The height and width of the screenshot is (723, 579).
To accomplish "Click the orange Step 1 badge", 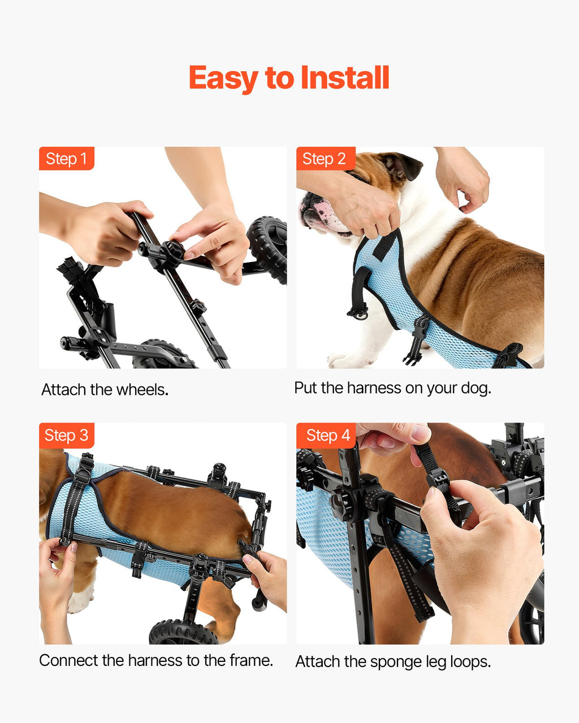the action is pos(67,158).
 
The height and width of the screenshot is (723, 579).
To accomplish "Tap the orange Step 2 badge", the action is pos(326,158).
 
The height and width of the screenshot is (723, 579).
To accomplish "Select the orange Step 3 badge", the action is pos(67,435).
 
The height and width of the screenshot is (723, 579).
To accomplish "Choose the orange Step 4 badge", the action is pos(326,435).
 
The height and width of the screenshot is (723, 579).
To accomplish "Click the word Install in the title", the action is pos(344,77).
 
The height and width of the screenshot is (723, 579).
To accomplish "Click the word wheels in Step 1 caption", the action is pos(142,390).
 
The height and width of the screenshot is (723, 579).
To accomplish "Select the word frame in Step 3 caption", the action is pos(251,660).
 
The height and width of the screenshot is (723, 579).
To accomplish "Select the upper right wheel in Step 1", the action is pos(268,249).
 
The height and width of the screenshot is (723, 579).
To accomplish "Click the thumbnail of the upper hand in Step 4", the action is pos(421,434).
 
